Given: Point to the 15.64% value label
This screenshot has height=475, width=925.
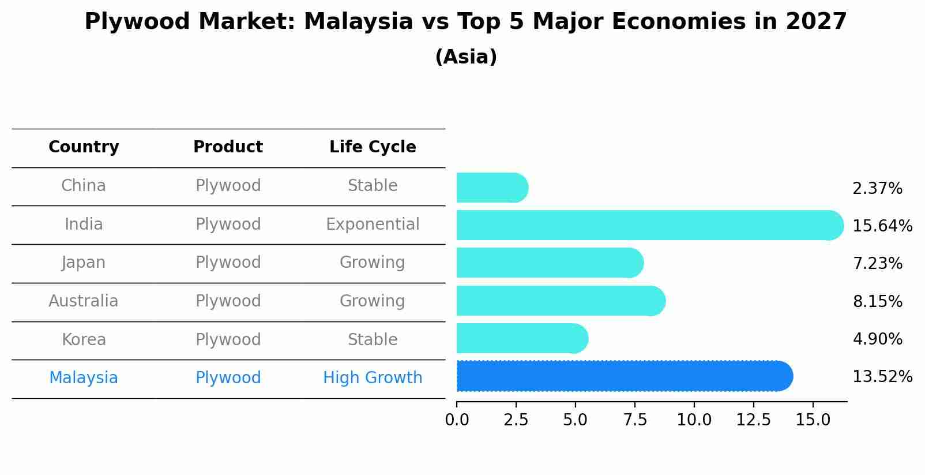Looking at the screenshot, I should click(882, 226).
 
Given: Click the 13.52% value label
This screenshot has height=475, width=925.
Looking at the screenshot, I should click(882, 377).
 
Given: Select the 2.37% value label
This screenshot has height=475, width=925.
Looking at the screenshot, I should click(877, 189).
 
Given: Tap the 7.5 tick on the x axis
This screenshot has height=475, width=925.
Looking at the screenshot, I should click(635, 420).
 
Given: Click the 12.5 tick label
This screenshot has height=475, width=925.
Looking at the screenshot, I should click(753, 420).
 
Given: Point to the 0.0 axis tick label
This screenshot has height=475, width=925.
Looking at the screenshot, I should click(457, 420).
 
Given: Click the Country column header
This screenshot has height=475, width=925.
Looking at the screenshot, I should click(84, 147).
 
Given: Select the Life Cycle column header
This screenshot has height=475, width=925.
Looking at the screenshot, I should click(373, 147).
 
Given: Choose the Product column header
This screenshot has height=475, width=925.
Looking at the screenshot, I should click(228, 147).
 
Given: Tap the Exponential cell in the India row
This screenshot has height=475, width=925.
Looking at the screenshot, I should click(373, 224).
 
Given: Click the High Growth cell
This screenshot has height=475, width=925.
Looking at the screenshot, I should click(373, 378).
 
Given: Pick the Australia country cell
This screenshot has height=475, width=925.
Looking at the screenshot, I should click(84, 301).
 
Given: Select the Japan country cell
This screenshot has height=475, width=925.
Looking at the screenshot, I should click(84, 263).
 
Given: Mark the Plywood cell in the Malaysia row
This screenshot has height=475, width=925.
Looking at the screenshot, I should click(228, 378).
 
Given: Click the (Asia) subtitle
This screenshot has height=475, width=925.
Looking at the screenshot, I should click(466, 57).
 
